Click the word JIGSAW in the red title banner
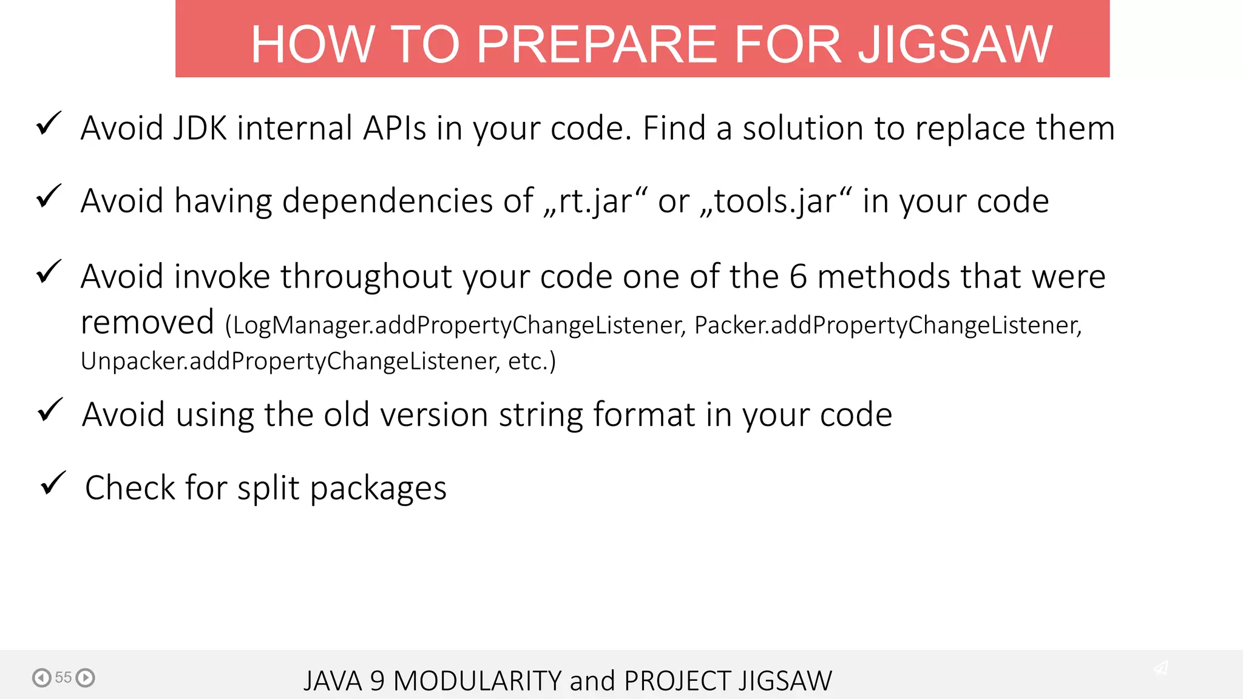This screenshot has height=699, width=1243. click(955, 44)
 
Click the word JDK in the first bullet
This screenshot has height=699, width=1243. click(200, 129)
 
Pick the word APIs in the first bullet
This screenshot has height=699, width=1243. click(395, 129)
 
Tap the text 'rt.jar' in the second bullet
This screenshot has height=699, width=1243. click(595, 201)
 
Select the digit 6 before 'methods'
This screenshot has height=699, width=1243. click(798, 277)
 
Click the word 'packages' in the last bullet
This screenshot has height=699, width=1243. click(378, 489)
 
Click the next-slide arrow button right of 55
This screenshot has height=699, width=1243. click(86, 678)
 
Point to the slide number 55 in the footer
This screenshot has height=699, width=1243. click(63, 678)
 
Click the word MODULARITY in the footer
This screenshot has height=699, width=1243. click(478, 681)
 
